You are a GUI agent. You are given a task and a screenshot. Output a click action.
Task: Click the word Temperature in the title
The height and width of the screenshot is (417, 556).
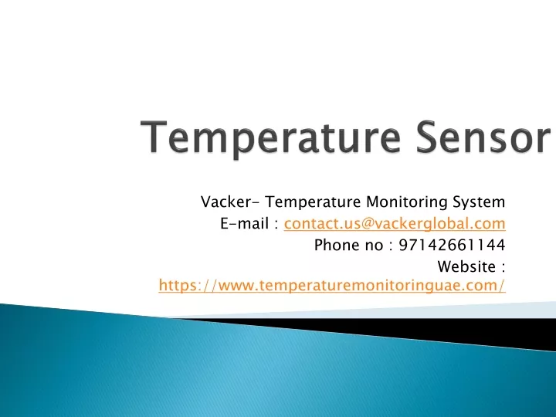click(x=271, y=138)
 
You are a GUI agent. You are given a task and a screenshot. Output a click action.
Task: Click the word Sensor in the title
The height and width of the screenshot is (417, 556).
click(x=483, y=137)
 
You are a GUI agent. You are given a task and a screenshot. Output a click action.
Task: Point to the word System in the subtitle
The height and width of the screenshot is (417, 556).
click(x=479, y=203)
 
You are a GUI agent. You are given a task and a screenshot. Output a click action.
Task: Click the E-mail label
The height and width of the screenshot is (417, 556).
click(x=244, y=224)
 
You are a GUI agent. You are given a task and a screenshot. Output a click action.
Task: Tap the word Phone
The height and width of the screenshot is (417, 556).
click(x=337, y=246)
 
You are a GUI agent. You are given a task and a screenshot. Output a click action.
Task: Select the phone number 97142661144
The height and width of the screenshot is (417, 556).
click(x=452, y=246)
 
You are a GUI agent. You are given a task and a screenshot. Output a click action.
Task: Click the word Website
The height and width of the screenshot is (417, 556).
click(x=466, y=266)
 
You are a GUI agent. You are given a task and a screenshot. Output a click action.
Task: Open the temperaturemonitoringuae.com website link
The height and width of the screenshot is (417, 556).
click(x=332, y=286)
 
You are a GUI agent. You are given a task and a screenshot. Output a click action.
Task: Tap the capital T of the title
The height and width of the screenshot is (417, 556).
click(x=154, y=137)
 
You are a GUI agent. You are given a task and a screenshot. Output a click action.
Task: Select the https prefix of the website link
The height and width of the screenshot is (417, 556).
click(x=177, y=286)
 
